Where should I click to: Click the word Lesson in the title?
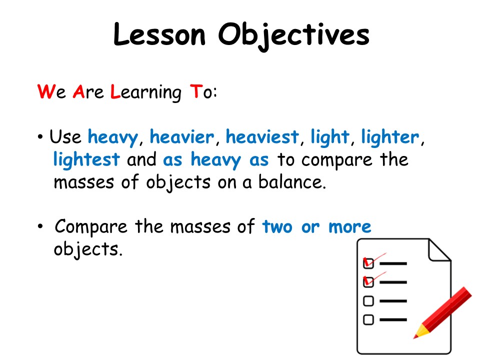click(158, 34)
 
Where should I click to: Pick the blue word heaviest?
click(262, 136)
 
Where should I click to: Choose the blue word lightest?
click(86, 159)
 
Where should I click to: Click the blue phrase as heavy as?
click(216, 160)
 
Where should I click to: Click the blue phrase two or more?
click(316, 226)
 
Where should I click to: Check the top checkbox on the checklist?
click(368, 263)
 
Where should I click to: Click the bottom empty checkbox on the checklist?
click(368, 319)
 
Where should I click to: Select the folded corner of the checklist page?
click(438, 250)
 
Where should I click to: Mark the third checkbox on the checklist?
click(368, 301)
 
